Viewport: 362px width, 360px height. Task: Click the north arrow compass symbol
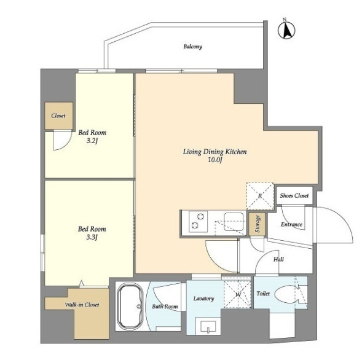(x=286, y=29)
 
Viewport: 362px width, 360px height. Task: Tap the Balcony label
(x=193, y=47)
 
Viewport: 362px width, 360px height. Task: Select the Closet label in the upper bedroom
(x=58, y=115)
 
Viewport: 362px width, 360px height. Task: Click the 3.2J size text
(x=92, y=141)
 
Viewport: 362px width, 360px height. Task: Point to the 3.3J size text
(x=92, y=237)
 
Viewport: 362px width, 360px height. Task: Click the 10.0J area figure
(x=215, y=160)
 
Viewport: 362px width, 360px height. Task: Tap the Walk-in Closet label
(x=82, y=305)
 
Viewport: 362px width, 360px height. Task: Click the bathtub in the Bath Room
(x=130, y=306)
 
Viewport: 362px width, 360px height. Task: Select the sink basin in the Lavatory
(x=208, y=327)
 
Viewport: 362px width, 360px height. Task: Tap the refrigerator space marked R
(x=260, y=196)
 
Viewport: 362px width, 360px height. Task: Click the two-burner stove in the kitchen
(x=198, y=221)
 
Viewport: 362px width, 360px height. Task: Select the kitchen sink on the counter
(x=234, y=222)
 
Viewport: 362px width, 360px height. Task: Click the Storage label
(x=258, y=224)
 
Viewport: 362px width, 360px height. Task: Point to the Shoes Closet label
(x=294, y=196)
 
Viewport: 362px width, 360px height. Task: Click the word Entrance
(x=291, y=224)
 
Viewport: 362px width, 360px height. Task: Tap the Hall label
(x=278, y=259)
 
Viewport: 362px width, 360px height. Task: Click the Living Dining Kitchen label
(x=215, y=152)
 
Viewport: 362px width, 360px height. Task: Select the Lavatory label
(x=203, y=299)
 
